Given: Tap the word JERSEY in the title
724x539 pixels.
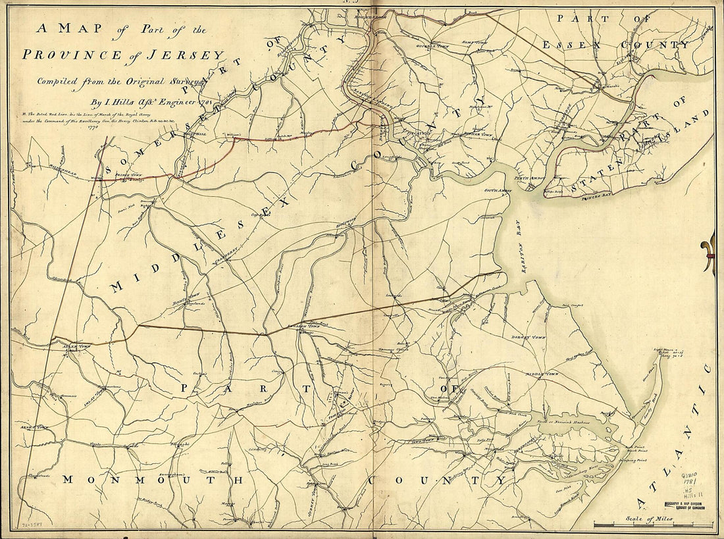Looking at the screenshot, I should point(194,55).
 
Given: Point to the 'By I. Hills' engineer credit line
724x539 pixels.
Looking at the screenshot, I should point(142,102).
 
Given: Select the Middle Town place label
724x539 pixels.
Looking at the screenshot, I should point(541,373).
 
